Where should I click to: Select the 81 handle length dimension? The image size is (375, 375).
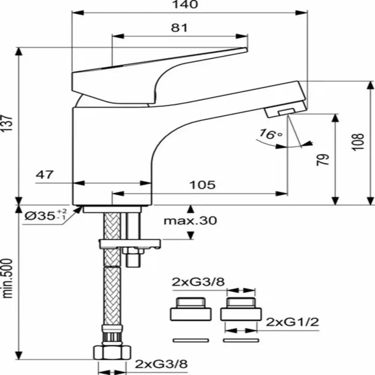pyautogui.click(x=179, y=28)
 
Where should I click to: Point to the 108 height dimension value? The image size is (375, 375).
pyautogui.click(x=360, y=142)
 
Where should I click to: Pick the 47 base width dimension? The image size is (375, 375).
pyautogui.click(x=45, y=174)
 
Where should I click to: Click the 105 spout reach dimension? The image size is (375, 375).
pyautogui.click(x=202, y=184)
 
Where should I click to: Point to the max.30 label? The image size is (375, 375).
pyautogui.click(x=190, y=220)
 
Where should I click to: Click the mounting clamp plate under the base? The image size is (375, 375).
pyautogui.click(x=130, y=244)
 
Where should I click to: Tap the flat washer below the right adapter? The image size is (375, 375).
pyautogui.click(x=240, y=340)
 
